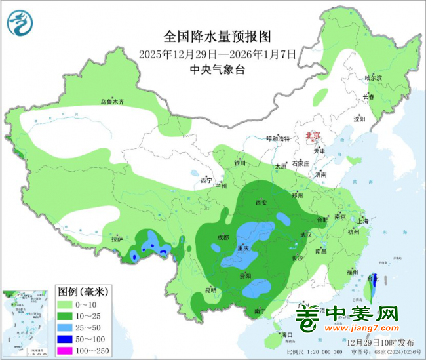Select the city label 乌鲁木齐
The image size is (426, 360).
tap(111, 102)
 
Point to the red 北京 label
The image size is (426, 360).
tap(313, 136)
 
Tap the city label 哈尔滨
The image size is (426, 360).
tap(372, 78)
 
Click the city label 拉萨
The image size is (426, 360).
tap(117, 239)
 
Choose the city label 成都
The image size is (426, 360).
tap(223, 237)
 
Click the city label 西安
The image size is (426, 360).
tap(260, 203)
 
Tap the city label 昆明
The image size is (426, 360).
tap(210, 289)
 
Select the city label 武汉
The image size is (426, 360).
tap(306, 235)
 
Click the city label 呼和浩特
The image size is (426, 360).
tap(277, 139)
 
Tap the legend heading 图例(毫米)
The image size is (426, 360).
tap(81, 291)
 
